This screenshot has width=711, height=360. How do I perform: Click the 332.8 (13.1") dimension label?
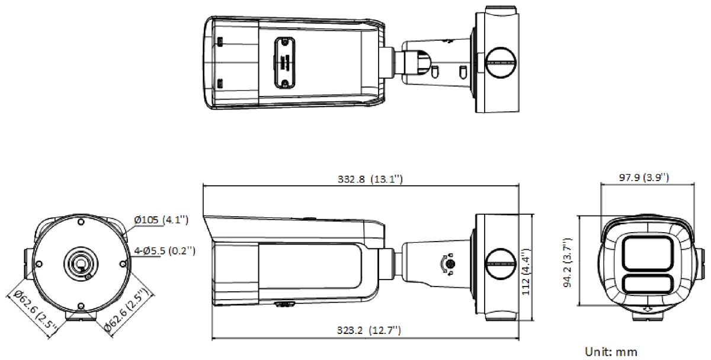pos(370,179)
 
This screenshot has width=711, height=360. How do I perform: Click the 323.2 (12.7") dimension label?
pos(369,330)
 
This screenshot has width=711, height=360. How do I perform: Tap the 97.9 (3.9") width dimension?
pos(644,177)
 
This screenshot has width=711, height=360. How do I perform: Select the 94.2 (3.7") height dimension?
pos(568,263)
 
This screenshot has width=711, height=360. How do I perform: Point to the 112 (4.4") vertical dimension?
pos(526,272)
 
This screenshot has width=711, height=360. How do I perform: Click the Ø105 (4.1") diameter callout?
pos(161,220)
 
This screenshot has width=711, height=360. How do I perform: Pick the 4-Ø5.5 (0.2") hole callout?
pos(165,251)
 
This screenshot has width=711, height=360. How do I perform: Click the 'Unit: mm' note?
pos(611,352)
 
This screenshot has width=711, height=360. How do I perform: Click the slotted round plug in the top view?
pos(501,63)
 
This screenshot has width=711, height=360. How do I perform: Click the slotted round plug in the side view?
pos(501,264)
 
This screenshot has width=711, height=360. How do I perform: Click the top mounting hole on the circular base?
pos(81,221)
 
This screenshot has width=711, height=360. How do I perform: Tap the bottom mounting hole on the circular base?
pos(81,306)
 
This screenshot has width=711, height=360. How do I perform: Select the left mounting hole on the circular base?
pos(39,264)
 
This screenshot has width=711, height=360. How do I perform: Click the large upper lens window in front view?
pos(647,253)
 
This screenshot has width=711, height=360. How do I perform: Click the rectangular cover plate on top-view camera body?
pos(285,63)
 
